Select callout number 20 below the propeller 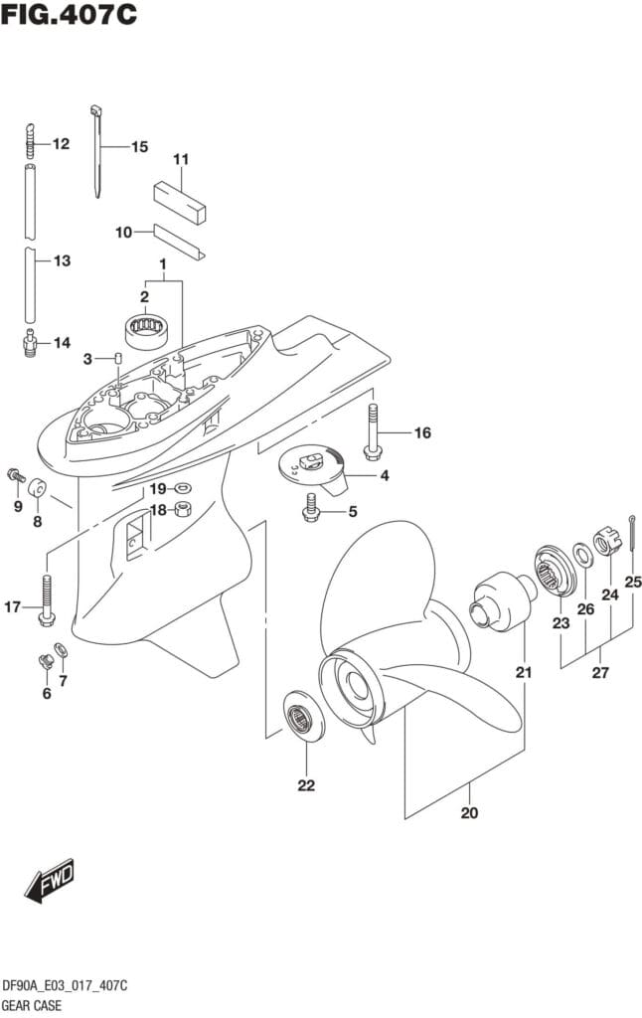pos(469,813)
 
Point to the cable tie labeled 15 pos(98,149)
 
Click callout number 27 pos(599,673)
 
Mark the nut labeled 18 pos(183,510)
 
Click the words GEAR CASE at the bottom pos(34,1005)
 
